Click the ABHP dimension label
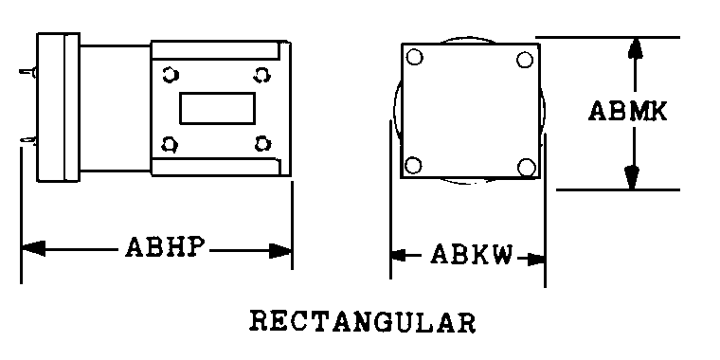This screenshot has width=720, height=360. coord(164,247)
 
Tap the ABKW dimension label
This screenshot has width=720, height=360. coord(472,255)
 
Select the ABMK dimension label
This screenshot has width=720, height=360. coord(628,111)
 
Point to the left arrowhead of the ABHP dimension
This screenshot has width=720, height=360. coord(33,248)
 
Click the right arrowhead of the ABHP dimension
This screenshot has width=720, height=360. coord(280,251)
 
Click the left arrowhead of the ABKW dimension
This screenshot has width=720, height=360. coord(399,255)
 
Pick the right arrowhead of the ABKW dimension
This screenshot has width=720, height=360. coord(536,260)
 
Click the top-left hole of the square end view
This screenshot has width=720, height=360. coord(415,58)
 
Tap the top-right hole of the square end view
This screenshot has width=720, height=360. coord(525,60)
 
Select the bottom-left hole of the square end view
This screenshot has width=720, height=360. coord(413,165)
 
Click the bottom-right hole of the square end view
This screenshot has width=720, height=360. coord(526,167)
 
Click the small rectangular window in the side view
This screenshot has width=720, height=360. coord(217,108)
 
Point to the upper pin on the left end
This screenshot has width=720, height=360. coord(28,72)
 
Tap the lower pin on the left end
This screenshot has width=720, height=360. coord(28,139)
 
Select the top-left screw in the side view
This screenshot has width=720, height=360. coord(170,75)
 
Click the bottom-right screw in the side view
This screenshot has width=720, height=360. coord(262,144)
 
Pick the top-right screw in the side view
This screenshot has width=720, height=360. coord(261,75)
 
